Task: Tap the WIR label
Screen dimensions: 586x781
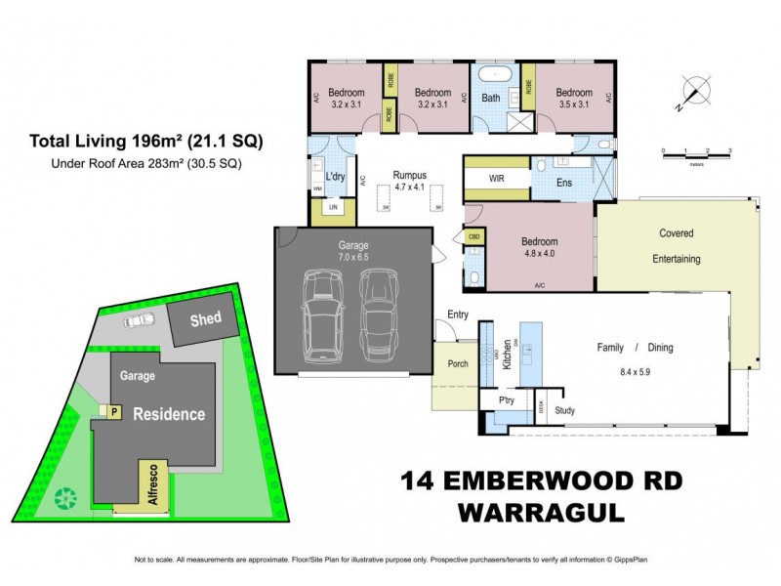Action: point(496,180)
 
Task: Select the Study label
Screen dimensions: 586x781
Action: point(564,411)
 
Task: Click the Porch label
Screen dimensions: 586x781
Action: point(458,364)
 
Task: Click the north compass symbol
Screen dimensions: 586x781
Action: point(695,90)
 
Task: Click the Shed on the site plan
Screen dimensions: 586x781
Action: point(204,319)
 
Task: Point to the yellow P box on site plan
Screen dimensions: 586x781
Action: point(114,412)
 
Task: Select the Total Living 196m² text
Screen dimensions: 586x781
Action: point(145,141)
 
